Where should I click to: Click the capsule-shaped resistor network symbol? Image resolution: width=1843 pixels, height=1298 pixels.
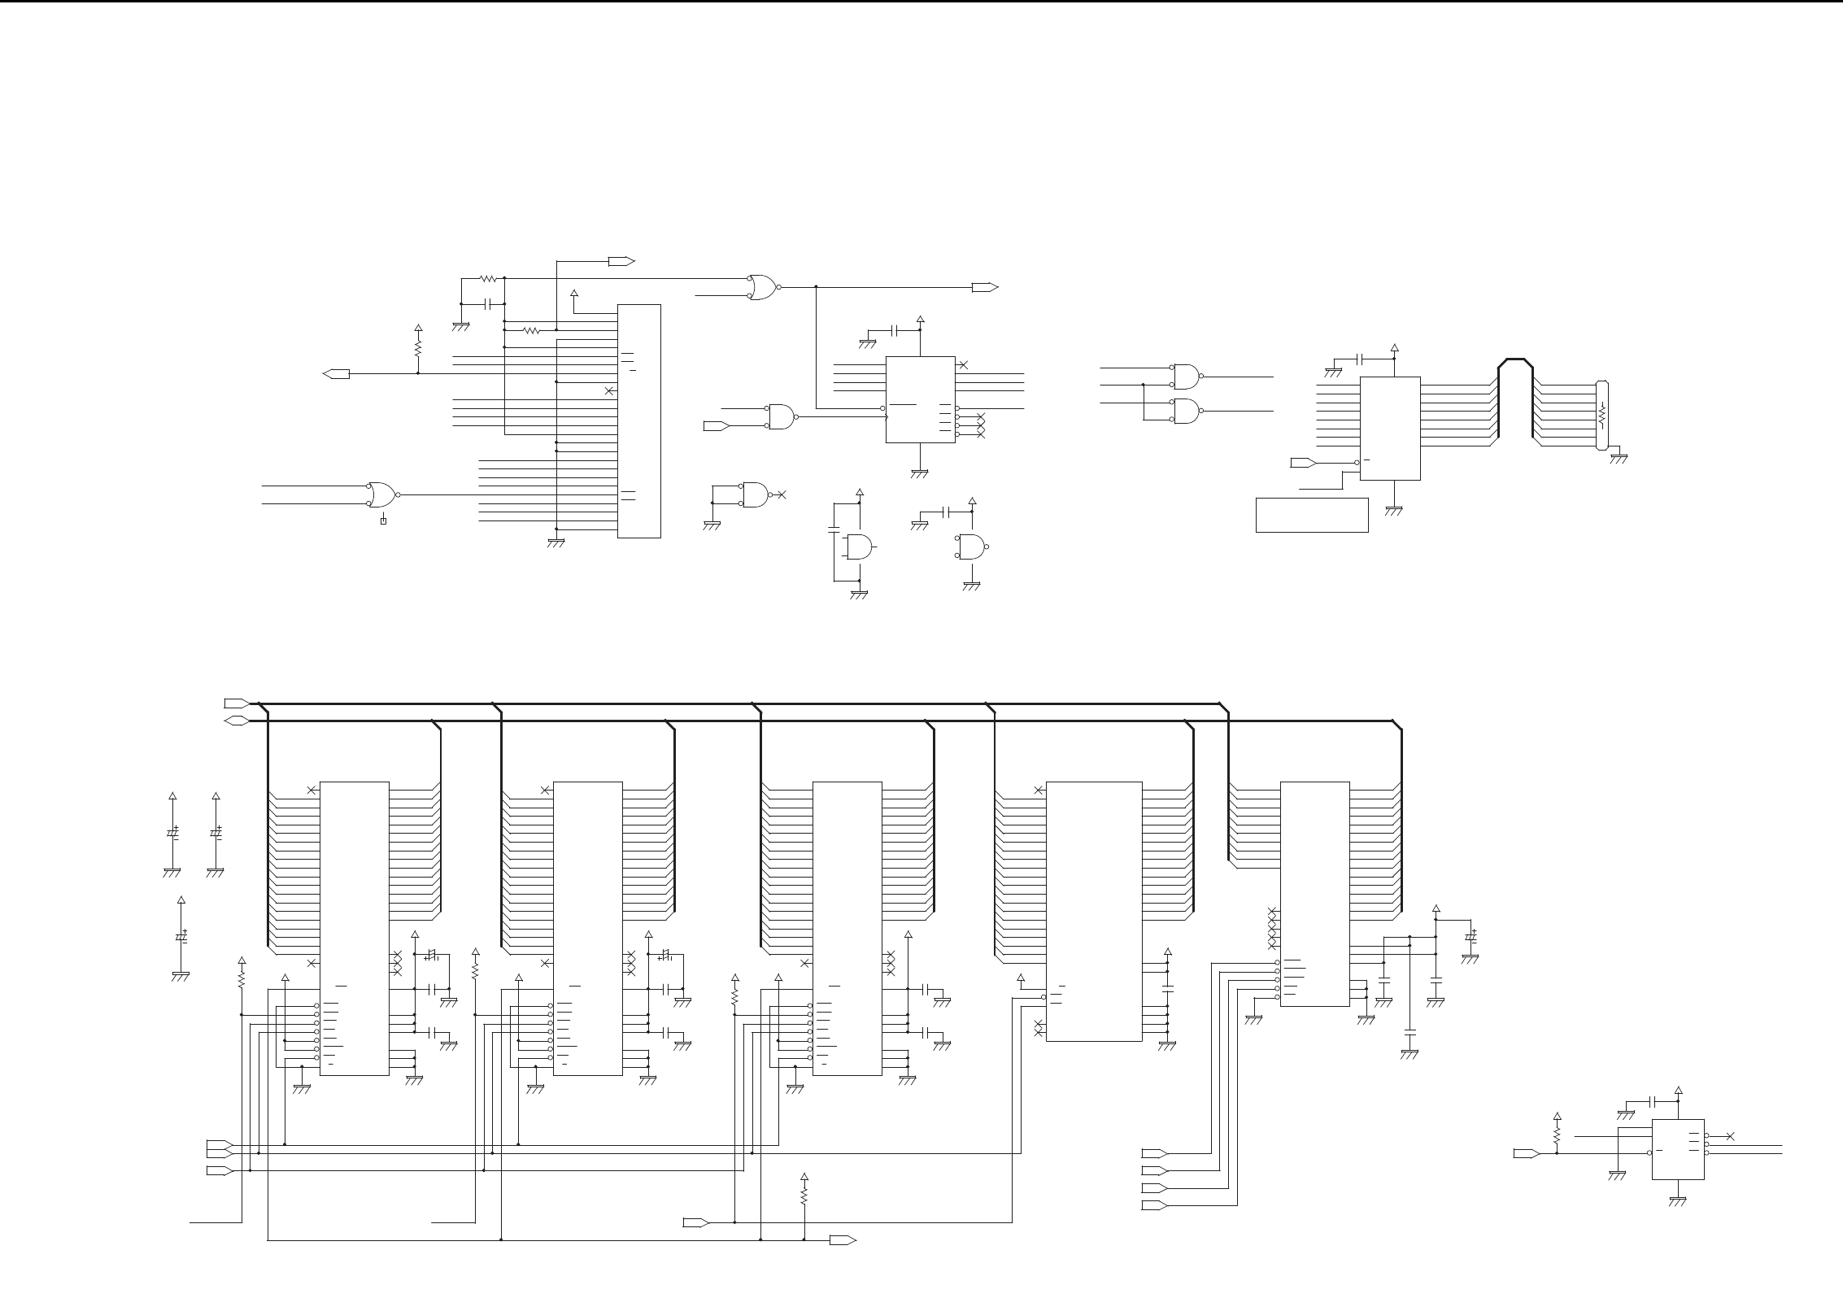(x=1602, y=415)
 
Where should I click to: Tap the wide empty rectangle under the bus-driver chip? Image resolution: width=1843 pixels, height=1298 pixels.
(x=1311, y=515)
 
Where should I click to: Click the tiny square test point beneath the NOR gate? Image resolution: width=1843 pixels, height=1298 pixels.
(x=383, y=521)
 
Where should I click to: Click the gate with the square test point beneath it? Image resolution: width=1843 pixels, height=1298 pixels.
(x=381, y=494)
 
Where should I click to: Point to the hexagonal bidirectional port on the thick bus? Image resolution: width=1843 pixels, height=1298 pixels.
(x=236, y=721)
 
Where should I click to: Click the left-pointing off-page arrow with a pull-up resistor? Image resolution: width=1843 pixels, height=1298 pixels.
(x=336, y=373)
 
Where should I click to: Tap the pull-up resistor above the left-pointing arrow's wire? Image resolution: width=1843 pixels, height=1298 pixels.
(x=418, y=347)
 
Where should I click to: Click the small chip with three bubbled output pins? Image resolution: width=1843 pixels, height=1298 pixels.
(x=1678, y=1148)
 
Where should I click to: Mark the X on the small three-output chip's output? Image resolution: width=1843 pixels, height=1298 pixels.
(x=1730, y=1136)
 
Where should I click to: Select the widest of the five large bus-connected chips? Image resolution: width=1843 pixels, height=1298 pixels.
(x=1093, y=911)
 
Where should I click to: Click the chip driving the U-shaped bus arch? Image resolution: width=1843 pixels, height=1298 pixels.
(x=1390, y=428)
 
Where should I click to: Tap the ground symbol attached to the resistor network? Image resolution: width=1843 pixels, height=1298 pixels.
(x=1619, y=458)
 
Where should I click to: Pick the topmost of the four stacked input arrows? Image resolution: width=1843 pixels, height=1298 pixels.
(x=1154, y=1153)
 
